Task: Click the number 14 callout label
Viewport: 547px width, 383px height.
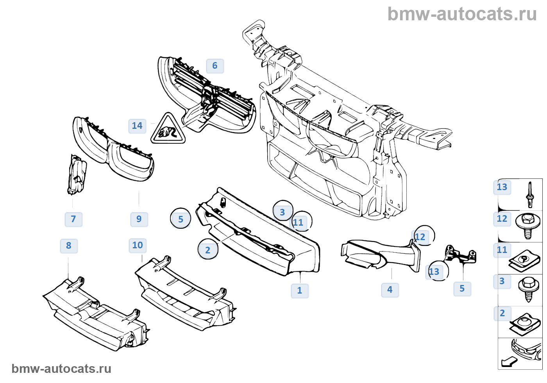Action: (x=137, y=126)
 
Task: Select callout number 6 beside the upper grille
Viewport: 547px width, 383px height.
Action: (x=215, y=66)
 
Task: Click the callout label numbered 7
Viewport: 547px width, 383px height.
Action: (x=73, y=219)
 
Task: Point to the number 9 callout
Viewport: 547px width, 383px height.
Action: (x=139, y=219)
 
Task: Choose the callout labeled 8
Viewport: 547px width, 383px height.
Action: (x=69, y=246)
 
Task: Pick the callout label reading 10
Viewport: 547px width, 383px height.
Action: (x=138, y=245)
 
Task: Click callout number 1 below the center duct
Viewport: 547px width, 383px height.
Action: (x=300, y=290)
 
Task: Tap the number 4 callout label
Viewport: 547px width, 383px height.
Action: (x=390, y=290)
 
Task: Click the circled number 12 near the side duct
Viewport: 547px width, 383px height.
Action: (x=420, y=237)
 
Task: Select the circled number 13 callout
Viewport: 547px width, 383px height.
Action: (x=434, y=272)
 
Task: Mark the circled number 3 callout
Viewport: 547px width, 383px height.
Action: (x=282, y=212)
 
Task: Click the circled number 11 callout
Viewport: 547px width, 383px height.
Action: (x=298, y=223)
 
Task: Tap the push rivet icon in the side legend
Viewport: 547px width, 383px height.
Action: (x=529, y=194)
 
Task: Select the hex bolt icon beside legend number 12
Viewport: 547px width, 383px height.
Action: (x=527, y=225)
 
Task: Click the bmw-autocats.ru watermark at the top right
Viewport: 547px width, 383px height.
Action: (x=462, y=14)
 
